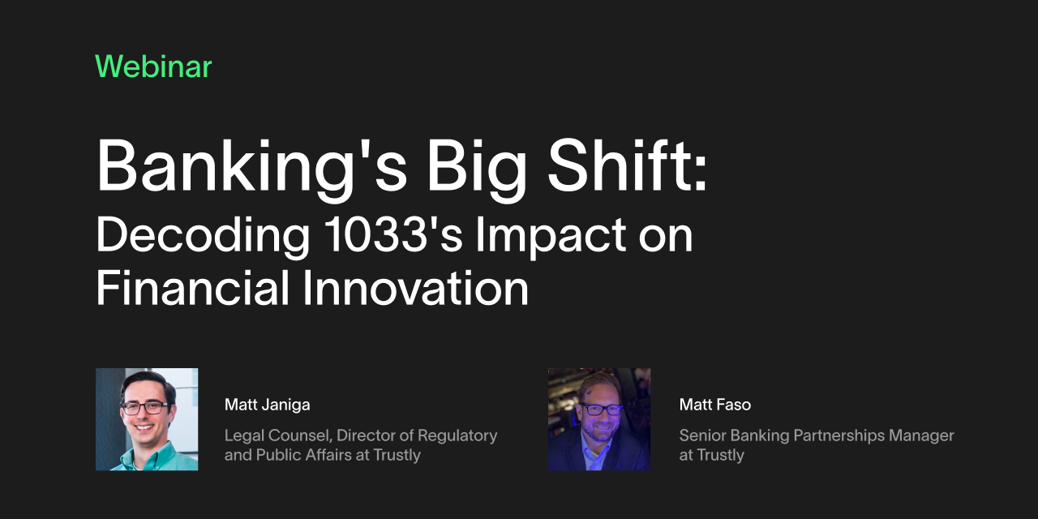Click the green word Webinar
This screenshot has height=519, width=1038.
(x=153, y=66)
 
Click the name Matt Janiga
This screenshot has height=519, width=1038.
(x=267, y=405)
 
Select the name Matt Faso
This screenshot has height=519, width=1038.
(x=715, y=405)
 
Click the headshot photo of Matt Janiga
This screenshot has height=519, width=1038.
(x=147, y=419)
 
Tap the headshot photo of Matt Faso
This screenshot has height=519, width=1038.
(x=598, y=419)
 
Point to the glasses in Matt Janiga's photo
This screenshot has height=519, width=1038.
(x=146, y=407)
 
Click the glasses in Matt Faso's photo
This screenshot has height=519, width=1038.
(x=601, y=410)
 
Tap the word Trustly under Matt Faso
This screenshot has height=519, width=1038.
(x=721, y=455)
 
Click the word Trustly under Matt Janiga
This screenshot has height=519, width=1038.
(x=397, y=455)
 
